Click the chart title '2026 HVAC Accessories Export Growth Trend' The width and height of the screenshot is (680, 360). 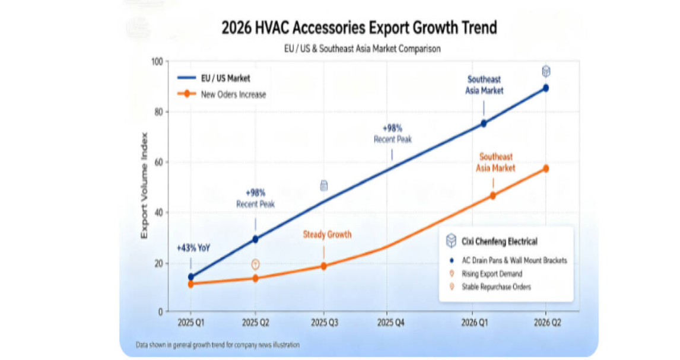point(359,28)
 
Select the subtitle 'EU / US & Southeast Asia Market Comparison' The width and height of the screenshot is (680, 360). point(362,49)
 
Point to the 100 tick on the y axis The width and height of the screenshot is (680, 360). point(157,62)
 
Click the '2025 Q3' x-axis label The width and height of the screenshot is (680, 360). point(325,323)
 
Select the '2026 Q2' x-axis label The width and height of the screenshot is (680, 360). point(547,323)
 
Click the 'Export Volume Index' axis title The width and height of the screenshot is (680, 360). point(144,186)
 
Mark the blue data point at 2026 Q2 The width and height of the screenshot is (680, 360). point(545,88)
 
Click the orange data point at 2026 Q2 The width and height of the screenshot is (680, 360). point(545,168)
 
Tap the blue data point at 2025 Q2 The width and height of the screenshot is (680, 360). point(255,239)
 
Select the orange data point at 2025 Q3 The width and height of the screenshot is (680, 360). point(323,266)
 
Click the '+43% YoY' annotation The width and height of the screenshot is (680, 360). point(193,249)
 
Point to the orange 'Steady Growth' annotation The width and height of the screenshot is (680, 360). point(327,235)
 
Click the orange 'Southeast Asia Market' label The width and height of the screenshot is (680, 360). point(495,163)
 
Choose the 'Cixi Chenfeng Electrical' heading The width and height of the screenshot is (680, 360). point(499,241)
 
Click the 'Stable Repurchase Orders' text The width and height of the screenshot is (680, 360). point(496,287)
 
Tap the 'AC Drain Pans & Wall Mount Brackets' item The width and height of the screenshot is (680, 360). point(514,260)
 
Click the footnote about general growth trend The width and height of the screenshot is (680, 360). point(218,345)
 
